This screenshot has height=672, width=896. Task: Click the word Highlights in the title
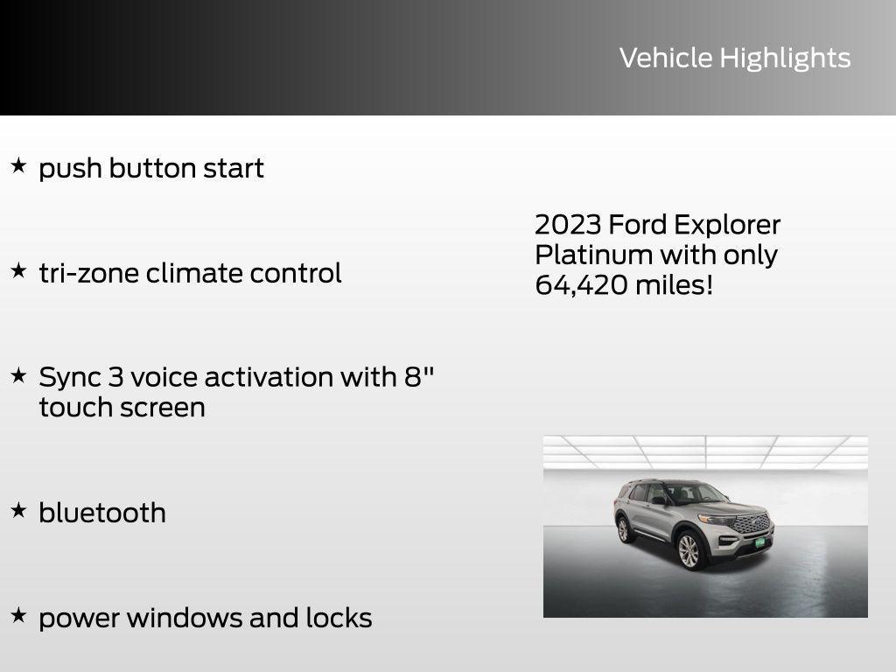click(785, 59)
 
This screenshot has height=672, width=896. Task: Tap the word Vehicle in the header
click(666, 58)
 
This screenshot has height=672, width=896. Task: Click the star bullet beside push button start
click(18, 165)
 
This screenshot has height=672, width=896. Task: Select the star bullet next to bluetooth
click(18, 510)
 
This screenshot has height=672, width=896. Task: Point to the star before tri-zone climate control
click(18, 270)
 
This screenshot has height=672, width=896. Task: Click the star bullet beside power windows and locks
click(18, 615)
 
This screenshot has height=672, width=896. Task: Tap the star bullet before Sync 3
click(18, 375)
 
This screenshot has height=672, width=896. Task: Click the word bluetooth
click(102, 513)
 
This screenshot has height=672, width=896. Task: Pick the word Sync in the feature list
click(69, 378)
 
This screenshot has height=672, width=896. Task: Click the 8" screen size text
click(419, 376)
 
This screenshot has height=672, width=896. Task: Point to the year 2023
click(568, 225)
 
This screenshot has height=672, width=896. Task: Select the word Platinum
click(593, 255)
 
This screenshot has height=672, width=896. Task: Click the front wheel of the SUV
click(689, 551)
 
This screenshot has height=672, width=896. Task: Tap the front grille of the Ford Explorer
click(752, 523)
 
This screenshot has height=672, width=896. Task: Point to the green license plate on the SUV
click(759, 542)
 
